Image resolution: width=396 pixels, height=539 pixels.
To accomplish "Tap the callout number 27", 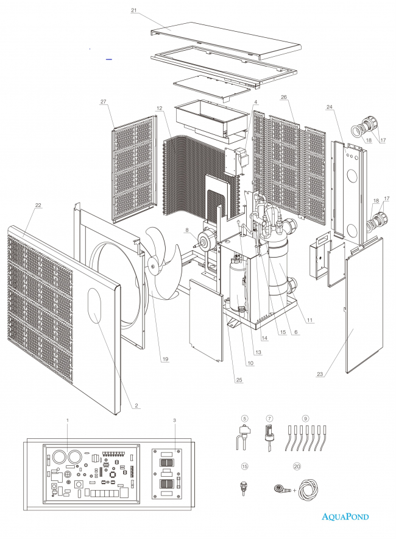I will pos(103,101).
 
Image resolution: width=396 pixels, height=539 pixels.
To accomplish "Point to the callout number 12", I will pos(159,108).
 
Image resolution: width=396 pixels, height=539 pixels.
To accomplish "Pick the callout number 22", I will pos(38,205).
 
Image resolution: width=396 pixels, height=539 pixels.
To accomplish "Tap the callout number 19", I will pos(164,359).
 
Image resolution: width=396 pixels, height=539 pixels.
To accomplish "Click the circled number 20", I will pos(297,465).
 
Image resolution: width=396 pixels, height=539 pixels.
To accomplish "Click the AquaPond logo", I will pos(345,516).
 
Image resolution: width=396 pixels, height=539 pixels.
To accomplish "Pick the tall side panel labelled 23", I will pos(364,305).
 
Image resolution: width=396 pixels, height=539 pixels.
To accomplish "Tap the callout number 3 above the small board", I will pos(175,420).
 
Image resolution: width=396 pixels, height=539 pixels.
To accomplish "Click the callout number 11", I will pos(310,320).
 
